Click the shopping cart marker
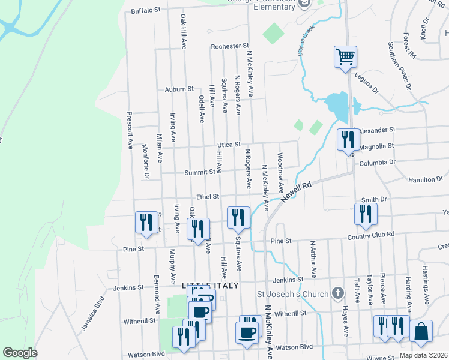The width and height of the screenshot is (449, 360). (346, 58)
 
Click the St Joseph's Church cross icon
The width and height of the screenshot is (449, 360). (338, 293)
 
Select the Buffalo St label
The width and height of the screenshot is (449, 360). (146, 10)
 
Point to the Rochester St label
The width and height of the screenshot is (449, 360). (229, 46)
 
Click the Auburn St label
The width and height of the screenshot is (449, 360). (179, 89)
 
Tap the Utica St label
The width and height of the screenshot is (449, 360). (229, 145)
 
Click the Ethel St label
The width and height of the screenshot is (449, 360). (208, 196)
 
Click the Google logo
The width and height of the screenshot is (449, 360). (20, 353)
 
